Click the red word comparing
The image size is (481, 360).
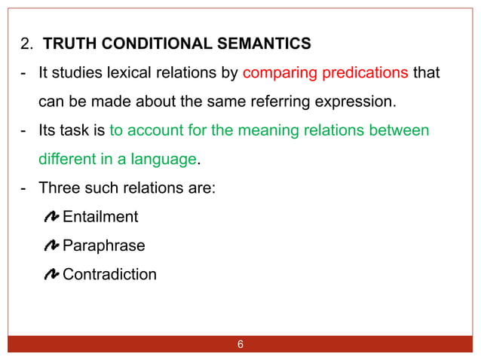coord(280,73)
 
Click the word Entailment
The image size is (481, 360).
coord(100,217)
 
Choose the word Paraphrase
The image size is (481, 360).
coord(103,246)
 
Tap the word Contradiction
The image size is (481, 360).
coord(109,274)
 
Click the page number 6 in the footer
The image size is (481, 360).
coord(240,345)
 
